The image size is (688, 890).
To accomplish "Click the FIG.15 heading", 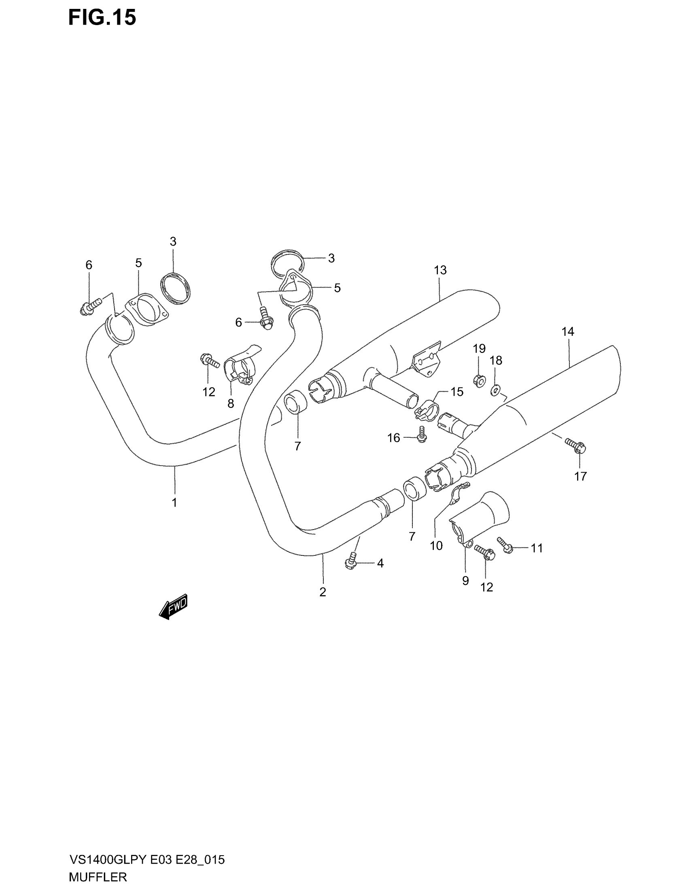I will [x=102, y=18].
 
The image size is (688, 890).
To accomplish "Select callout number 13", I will [x=440, y=270].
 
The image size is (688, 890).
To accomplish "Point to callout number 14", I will [x=568, y=332].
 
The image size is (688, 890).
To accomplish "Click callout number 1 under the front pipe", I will [x=174, y=502].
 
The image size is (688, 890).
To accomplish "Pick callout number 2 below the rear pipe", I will [x=323, y=592].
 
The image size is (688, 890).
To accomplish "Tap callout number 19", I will [x=479, y=348].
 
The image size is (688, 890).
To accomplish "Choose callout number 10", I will [x=436, y=546].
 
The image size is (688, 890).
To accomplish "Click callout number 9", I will [x=465, y=581].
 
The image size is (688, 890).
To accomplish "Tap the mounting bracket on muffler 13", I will [x=427, y=358].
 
